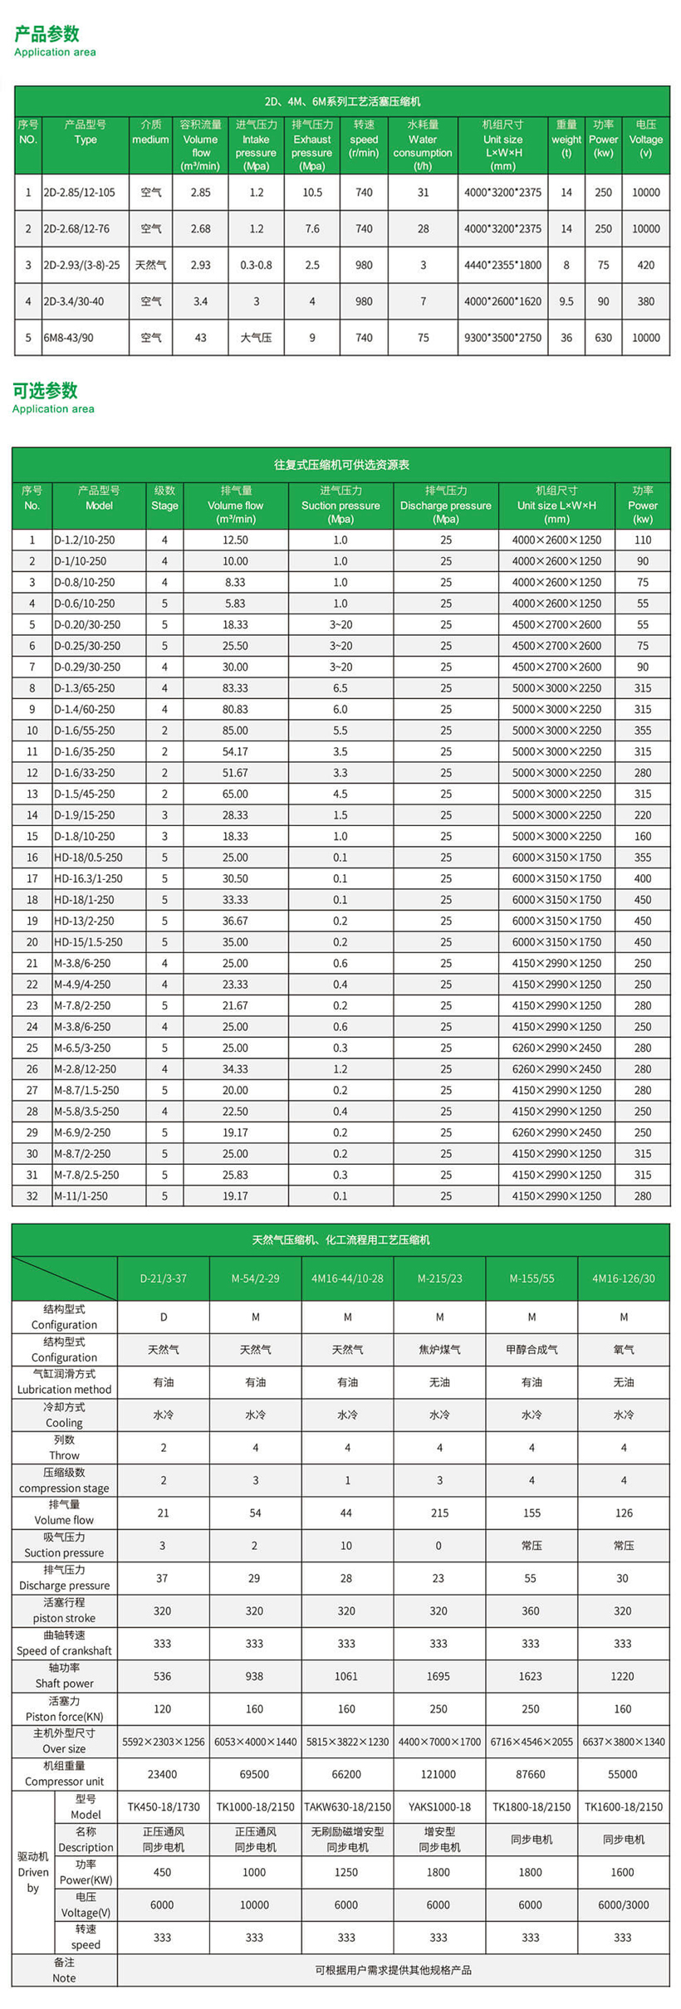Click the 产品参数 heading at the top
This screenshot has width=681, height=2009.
(47, 34)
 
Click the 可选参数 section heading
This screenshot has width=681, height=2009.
(46, 390)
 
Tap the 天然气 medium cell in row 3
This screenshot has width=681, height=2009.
(150, 265)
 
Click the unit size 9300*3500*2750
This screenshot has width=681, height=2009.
(502, 338)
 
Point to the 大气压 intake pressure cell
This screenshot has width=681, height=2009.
(256, 338)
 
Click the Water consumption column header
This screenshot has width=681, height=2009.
(423, 145)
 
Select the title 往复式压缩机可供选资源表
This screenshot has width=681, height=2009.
(341, 465)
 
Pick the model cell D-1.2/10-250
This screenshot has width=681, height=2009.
(85, 540)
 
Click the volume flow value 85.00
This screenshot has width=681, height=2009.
(235, 731)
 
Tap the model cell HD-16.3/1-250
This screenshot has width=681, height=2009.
(88, 878)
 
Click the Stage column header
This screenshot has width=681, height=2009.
(164, 505)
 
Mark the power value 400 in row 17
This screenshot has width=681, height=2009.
(643, 878)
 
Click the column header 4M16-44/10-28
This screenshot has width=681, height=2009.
(347, 1278)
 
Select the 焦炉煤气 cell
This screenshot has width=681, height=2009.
(439, 1350)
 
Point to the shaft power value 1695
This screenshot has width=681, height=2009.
(438, 1676)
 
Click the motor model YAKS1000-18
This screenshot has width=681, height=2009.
(439, 1806)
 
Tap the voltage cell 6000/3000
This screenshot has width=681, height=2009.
(623, 1905)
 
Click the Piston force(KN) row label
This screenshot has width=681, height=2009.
(64, 1708)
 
